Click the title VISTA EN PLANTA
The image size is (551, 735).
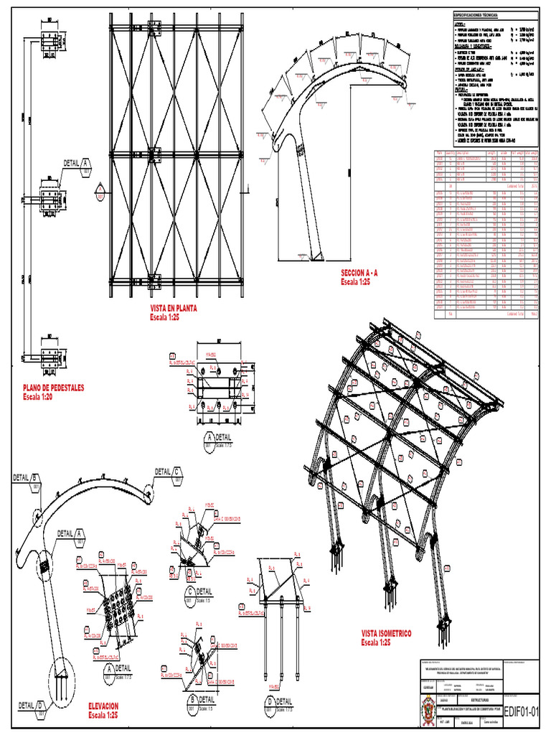[173, 309]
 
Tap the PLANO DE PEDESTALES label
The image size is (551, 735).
[53, 388]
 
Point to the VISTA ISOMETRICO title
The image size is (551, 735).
[386, 634]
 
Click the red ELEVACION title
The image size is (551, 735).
[103, 706]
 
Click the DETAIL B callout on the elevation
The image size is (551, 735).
[26, 478]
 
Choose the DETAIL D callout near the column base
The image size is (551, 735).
[32, 704]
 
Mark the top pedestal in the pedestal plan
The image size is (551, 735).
[50, 43]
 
